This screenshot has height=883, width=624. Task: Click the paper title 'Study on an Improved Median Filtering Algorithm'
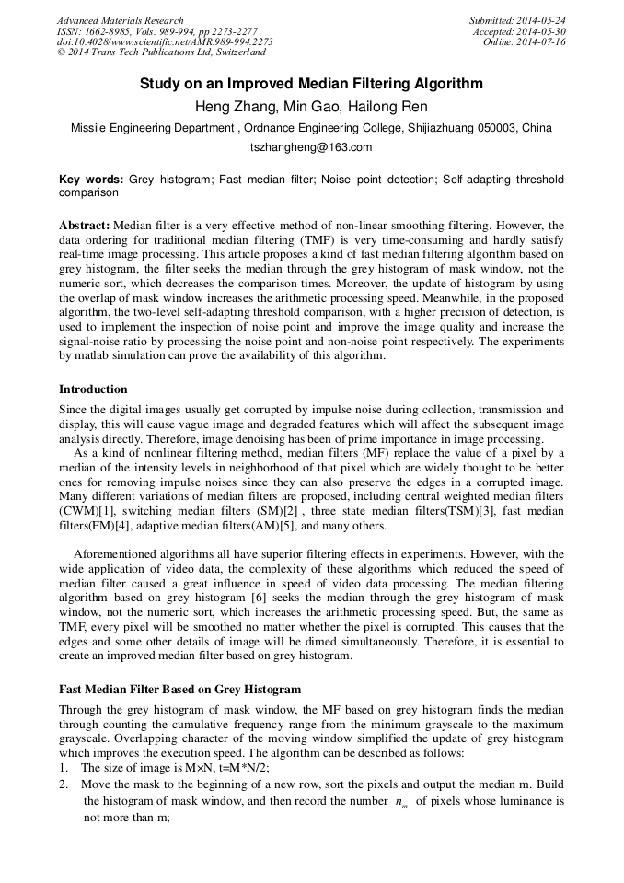[311, 84]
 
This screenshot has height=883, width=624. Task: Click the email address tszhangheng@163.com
[311, 147]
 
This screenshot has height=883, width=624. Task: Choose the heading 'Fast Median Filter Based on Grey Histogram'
[179, 689]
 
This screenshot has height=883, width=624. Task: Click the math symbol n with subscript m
[400, 803]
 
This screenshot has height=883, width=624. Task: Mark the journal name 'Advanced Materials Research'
[120, 20]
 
